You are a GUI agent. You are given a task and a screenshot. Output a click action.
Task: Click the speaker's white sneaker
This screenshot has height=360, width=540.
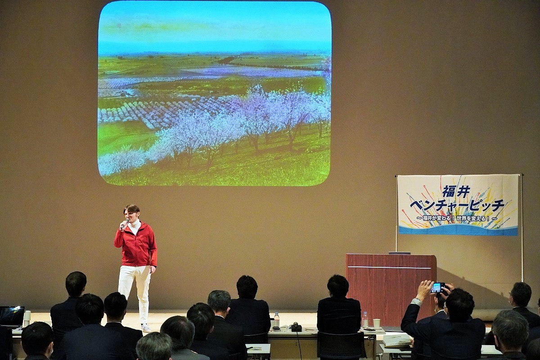(146, 328)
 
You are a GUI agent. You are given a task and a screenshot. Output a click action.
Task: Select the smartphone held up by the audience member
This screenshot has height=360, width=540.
(437, 288)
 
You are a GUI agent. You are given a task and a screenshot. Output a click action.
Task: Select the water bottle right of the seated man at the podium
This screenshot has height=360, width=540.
(365, 320)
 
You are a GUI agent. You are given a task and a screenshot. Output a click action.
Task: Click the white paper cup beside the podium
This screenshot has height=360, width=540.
(377, 324)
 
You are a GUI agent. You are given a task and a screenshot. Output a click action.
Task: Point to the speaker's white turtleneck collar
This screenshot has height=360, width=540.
(134, 225)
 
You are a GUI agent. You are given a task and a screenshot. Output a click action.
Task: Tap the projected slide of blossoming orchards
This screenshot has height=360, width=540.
(214, 94)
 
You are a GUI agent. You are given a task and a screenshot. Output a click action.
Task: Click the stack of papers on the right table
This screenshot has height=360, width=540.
(396, 341)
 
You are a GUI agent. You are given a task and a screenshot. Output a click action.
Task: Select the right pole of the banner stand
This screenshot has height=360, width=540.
(522, 228)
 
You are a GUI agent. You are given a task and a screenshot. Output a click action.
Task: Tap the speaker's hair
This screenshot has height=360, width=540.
(131, 209)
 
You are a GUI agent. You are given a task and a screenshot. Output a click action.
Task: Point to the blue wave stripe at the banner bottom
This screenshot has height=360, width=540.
(458, 230)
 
